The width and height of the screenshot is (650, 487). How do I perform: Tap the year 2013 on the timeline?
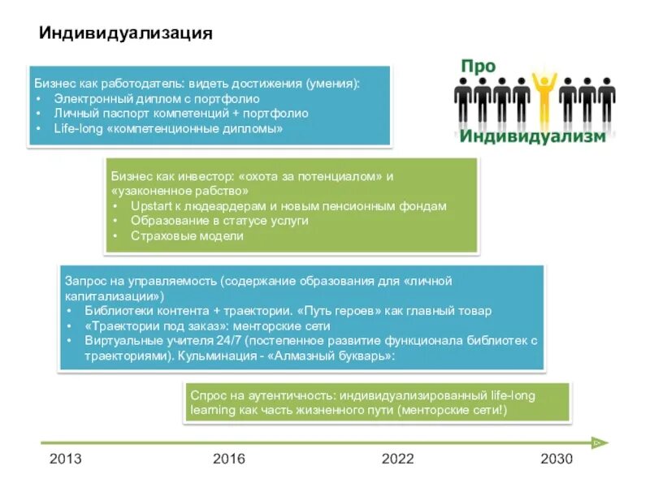[66, 459]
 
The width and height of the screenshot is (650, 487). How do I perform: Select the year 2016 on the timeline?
[229, 459]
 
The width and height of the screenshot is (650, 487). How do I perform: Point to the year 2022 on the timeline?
[398, 459]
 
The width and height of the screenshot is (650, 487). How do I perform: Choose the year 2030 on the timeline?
[557, 459]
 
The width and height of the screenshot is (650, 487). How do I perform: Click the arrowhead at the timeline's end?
[600, 442]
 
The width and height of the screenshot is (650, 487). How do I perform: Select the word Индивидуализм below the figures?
[532, 136]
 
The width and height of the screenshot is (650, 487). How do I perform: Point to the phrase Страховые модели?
[187, 236]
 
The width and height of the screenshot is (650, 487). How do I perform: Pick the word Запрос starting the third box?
[84, 280]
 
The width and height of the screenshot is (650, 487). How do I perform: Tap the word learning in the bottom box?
[212, 410]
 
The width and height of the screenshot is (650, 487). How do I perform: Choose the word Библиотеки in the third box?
[115, 311]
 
